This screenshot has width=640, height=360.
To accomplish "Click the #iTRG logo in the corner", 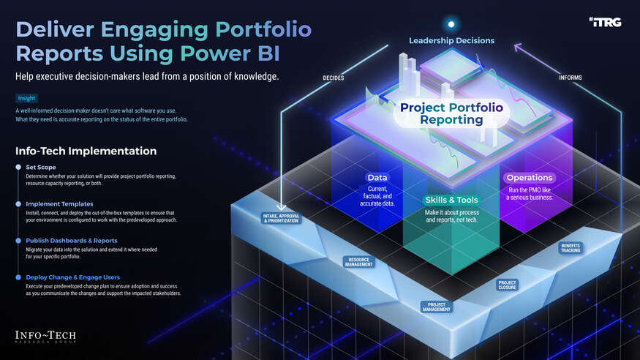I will (x=603, y=23).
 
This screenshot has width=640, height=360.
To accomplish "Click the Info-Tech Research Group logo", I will (x=45, y=337).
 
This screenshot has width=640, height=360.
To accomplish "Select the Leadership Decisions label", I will (x=451, y=40).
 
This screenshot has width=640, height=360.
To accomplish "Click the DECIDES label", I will (x=334, y=78).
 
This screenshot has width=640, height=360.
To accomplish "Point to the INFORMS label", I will (x=571, y=78).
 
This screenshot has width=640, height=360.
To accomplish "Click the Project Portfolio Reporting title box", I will (x=451, y=114).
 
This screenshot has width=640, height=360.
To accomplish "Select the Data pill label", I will (x=377, y=178).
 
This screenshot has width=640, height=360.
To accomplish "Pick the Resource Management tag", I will (x=359, y=261).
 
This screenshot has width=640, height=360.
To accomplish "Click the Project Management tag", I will (x=436, y=307).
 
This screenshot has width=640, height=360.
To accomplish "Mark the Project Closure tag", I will (x=507, y=285).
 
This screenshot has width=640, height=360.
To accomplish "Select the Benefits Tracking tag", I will (x=571, y=248).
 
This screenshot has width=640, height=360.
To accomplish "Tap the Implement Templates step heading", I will (x=59, y=204).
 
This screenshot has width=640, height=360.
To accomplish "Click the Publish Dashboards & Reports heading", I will (x=72, y=240).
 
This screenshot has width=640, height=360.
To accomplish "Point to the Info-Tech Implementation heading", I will (x=86, y=151).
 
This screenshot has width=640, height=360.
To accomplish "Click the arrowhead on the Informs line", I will (x=517, y=48).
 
